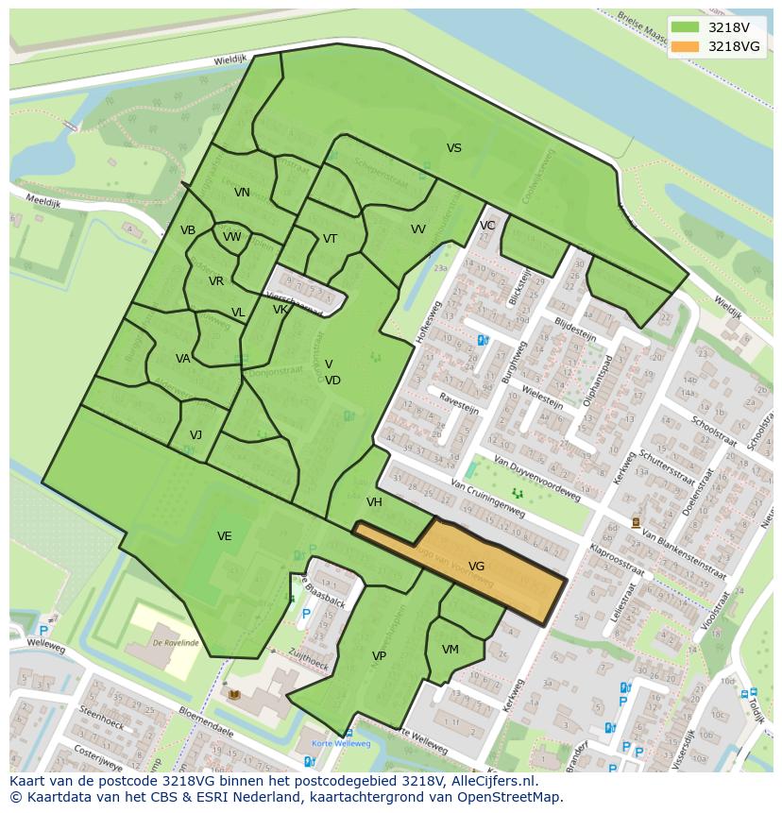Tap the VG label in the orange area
click(x=476, y=567)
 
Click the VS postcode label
click(x=454, y=148)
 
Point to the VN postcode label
click(x=242, y=193)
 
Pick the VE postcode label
click(x=224, y=536)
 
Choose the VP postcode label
click(x=379, y=656)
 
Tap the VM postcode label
click(x=450, y=650)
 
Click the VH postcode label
click(x=374, y=502)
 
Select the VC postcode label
click(x=487, y=226)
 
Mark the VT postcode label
click(x=330, y=239)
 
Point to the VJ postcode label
click(x=195, y=435)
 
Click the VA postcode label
click(x=182, y=359)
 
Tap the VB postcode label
click(x=188, y=230)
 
